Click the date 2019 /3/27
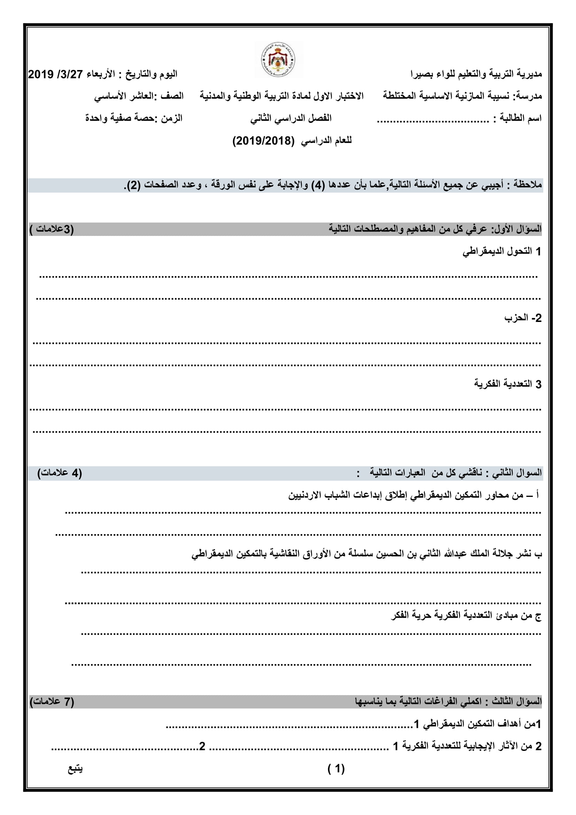pyautogui.click(x=55, y=75)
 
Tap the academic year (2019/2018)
pyautogui.click(x=264, y=141)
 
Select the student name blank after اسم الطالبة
pyautogui.click(x=433, y=120)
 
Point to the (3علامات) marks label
pyautogui.click(x=52, y=229)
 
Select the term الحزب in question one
pyautogui.click(x=516, y=318)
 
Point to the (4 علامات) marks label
pyautogui.click(x=60, y=473)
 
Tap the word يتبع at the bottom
pyautogui.click(x=75, y=769)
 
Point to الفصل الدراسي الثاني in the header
pyautogui.click(x=291, y=118)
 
